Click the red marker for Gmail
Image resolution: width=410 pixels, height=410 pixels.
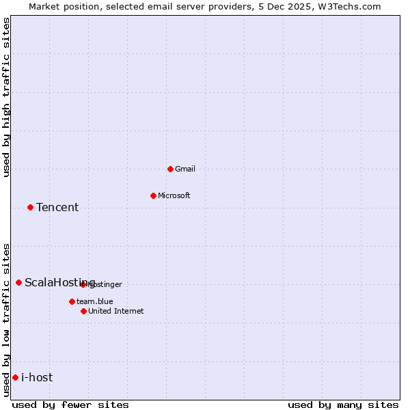click(x=170, y=169)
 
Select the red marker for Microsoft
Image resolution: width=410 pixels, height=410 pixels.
click(x=153, y=195)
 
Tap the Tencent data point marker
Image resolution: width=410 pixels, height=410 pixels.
click(x=30, y=207)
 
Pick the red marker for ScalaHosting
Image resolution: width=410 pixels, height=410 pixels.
click(x=18, y=282)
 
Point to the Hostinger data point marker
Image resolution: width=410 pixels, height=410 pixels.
click(x=83, y=284)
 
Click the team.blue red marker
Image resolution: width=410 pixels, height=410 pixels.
click(x=72, y=301)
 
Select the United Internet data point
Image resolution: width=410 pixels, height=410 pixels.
click(x=83, y=311)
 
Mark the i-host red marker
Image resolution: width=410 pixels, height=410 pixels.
click(x=15, y=377)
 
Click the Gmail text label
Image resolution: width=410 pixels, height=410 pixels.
click(x=185, y=169)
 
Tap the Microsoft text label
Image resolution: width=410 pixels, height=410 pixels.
click(x=174, y=195)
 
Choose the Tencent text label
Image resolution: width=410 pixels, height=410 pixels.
click(x=57, y=207)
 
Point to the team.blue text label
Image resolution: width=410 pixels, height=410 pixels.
click(x=95, y=301)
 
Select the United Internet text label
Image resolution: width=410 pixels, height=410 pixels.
click(x=116, y=311)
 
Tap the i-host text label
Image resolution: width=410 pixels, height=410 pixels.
click(x=37, y=377)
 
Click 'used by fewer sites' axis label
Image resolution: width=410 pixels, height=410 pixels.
click(x=70, y=405)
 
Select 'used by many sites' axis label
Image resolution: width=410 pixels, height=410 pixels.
click(x=343, y=405)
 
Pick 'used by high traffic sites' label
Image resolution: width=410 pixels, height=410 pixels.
click(x=6, y=97)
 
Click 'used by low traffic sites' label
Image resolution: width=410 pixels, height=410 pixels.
click(x=6, y=320)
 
